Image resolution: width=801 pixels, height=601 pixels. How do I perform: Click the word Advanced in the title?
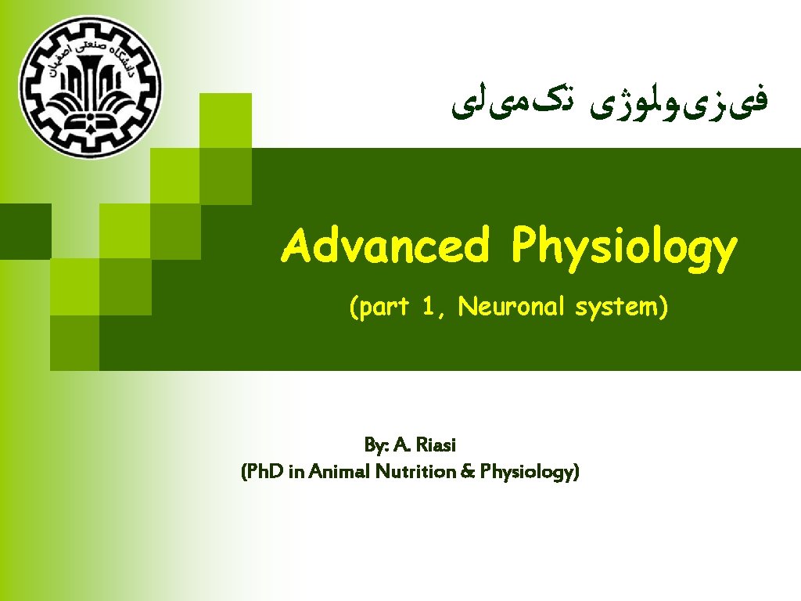point(386,246)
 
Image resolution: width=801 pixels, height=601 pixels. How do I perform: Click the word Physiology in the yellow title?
point(624,249)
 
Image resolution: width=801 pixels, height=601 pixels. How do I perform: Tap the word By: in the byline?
point(376,445)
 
